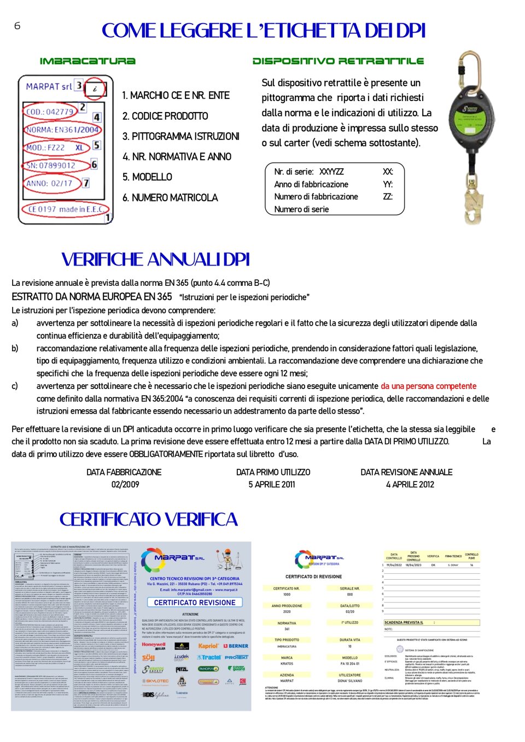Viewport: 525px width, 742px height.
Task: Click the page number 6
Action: click(x=17, y=26)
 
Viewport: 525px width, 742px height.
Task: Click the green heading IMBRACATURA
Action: click(x=87, y=61)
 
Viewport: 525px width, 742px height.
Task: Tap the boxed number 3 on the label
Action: click(x=79, y=85)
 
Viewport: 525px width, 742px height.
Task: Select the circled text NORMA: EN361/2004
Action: click(x=63, y=129)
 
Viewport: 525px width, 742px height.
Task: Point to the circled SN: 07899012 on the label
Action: click(x=51, y=165)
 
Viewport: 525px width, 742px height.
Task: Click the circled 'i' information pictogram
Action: click(x=95, y=89)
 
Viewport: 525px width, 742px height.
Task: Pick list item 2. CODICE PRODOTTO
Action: click(x=165, y=116)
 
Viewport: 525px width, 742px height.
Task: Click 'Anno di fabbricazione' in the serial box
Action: click(x=311, y=184)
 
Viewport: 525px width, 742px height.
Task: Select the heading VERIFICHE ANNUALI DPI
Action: click(x=155, y=259)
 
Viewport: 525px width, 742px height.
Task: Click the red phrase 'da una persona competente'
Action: click(x=428, y=386)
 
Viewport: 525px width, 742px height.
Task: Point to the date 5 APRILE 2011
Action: click(x=272, y=484)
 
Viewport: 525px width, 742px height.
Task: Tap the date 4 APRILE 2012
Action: click(x=410, y=484)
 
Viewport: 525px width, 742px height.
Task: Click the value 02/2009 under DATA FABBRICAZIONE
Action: click(x=125, y=484)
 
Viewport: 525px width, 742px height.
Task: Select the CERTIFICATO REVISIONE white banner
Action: click(x=195, y=602)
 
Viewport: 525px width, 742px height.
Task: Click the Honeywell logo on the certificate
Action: click(x=154, y=645)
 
